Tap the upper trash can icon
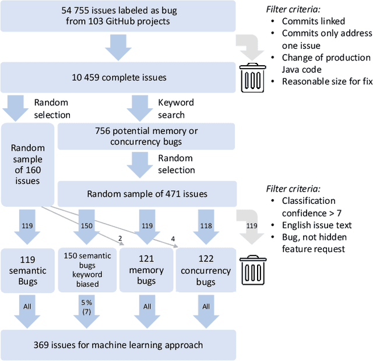254,78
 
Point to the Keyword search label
176,108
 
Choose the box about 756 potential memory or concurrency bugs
146,137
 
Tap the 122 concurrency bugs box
206,270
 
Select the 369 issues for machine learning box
118,345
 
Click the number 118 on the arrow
205,225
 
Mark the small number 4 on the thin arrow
173,238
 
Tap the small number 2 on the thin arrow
120,238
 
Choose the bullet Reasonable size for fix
327,81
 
